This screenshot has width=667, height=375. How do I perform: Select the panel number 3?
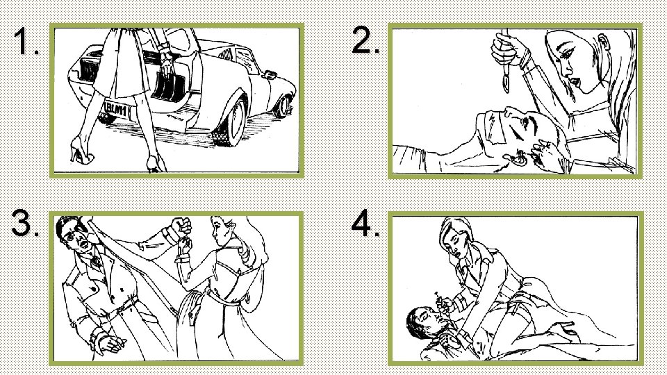[x=25, y=222]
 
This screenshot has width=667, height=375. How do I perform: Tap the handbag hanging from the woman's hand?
[x=169, y=84]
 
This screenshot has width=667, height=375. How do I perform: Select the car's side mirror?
[x=270, y=75]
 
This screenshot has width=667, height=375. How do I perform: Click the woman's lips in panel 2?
[x=575, y=81]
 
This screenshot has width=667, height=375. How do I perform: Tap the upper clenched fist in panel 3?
[x=181, y=227]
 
